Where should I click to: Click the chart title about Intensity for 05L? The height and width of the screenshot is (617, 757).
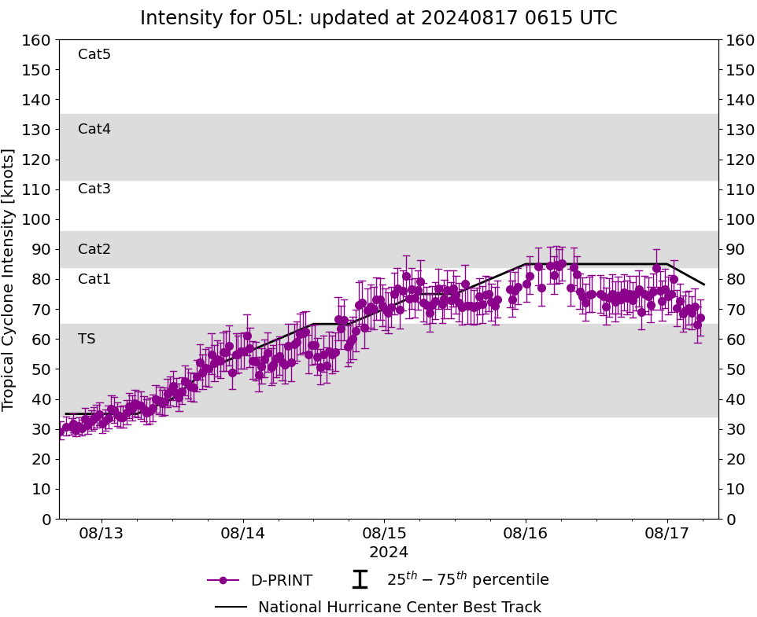pos(378,18)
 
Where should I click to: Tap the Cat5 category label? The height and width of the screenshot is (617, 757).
pos(94,54)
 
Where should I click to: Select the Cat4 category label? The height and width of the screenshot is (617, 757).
pos(94,129)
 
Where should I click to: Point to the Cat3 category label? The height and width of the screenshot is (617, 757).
pos(94,189)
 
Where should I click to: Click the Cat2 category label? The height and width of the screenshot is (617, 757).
pos(94,249)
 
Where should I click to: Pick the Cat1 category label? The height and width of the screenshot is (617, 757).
pos(94,279)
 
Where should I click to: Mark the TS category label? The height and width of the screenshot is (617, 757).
pos(87,339)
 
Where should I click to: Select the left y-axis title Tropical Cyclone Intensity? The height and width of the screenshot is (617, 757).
pos(9,279)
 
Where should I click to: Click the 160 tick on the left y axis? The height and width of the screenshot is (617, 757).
pos(37,40)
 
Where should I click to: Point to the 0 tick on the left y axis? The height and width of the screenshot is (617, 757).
pos(46,519)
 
